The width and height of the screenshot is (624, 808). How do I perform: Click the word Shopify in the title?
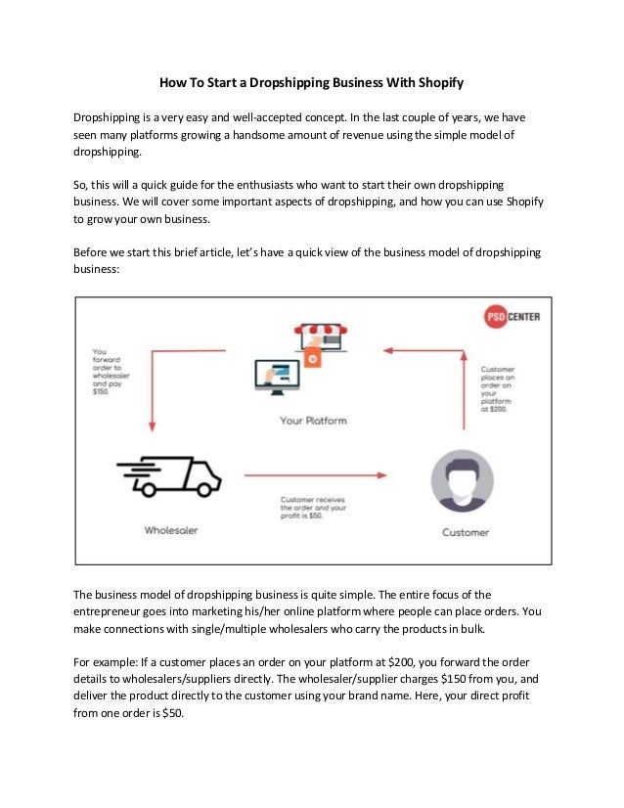tap(437, 84)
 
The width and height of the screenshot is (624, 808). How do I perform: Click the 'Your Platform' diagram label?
tap(313, 421)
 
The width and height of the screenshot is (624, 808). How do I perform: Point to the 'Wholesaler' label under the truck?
tap(172, 529)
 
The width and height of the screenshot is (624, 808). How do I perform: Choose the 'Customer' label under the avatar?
tap(466, 533)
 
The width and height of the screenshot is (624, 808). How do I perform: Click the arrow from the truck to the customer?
tap(313, 477)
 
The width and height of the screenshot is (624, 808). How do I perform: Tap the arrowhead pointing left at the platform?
tap(388, 349)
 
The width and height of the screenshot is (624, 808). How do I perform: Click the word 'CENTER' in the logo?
tap(522, 317)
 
